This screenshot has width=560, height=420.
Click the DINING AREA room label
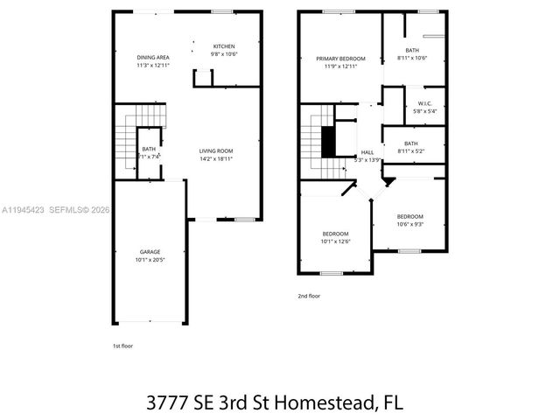click(152, 57)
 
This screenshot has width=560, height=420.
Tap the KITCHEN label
click(225, 45)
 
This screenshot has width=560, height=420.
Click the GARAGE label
click(150, 252)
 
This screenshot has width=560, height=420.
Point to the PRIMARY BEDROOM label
click(340, 59)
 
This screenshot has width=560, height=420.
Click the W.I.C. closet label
click(424, 103)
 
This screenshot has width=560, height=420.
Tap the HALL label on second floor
click(367, 151)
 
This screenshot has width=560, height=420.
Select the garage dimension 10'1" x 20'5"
click(150, 260)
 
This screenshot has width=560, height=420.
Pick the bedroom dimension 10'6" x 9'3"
click(409, 224)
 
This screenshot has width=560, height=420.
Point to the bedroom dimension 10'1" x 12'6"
click(335, 241)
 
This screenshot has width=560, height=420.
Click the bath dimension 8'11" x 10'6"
click(411, 59)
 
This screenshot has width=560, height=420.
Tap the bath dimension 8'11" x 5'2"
click(411, 150)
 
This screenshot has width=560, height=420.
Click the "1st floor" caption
click(123, 346)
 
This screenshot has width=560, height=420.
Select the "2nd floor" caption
click(309, 297)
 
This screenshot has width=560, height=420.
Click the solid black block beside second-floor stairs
click(329, 142)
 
